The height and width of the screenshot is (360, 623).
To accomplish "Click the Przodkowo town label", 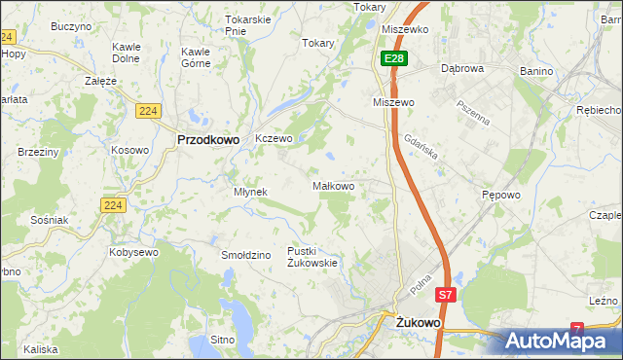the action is (208, 139).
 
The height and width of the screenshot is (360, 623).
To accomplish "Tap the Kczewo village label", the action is (274, 139).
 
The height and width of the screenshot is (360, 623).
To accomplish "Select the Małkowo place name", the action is (339, 186).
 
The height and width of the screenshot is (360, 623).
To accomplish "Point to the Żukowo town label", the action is (419, 320).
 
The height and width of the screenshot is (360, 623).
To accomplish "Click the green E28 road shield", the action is (393, 59).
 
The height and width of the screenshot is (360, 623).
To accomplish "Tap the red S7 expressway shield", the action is (445, 295).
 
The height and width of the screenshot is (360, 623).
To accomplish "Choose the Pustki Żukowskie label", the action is (311, 257).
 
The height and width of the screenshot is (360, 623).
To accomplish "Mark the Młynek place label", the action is (250, 192).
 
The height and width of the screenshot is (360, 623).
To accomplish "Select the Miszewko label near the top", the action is (406, 29).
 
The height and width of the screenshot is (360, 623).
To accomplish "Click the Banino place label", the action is (535, 71).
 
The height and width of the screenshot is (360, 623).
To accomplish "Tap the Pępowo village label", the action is (501, 195).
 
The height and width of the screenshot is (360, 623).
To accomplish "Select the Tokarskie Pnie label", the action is (247, 25).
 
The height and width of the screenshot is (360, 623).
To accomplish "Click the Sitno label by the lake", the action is (223, 341).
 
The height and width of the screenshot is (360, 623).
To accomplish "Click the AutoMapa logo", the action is (563, 341).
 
